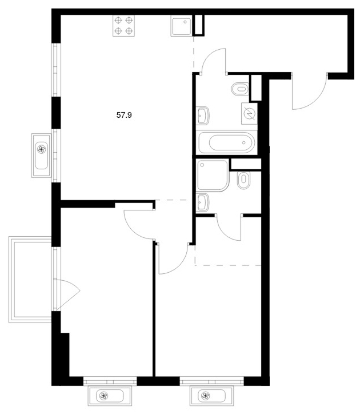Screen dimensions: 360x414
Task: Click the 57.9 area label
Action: click(124, 115)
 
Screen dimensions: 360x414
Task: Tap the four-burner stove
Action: click(123, 26)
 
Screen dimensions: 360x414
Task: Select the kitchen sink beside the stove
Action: click(181, 26)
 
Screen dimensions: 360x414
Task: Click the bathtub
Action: click(226, 142)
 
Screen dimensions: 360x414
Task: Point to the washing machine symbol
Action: click(249, 114)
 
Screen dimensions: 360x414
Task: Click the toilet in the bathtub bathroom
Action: click(240, 89)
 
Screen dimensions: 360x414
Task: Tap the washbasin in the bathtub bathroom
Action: click(202, 116)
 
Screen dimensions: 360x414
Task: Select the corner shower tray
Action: click(213, 175)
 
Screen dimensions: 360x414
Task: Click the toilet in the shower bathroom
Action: click(243, 180)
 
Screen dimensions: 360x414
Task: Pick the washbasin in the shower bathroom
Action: click(202, 202)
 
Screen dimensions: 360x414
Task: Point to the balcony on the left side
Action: click(30, 280)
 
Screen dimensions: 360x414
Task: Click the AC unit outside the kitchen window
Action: click(41, 156)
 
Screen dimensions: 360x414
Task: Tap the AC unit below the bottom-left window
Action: click(110, 396)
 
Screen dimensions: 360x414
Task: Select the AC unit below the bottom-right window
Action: click(211, 396)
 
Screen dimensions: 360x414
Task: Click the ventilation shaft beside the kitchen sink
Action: click(198, 25)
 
